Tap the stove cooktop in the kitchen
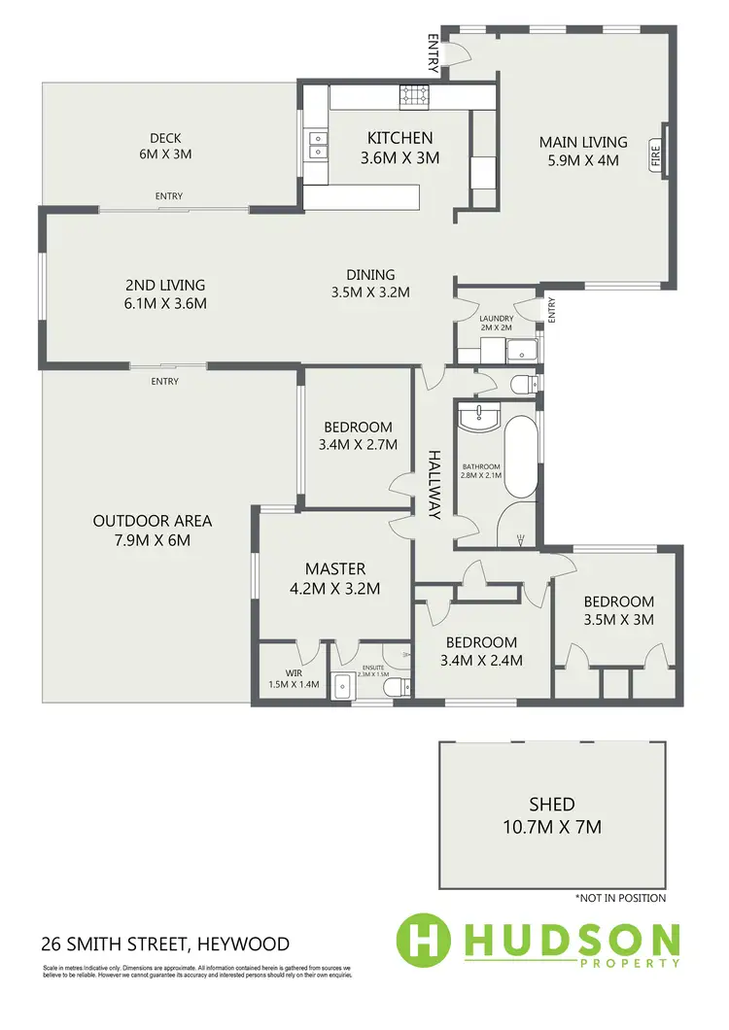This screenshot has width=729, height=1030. [412, 96]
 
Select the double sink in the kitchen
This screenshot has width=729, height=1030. [317, 144]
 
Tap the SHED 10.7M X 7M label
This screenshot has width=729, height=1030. [551, 815]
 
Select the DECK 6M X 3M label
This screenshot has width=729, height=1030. [165, 146]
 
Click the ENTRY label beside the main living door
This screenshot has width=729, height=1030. [434, 53]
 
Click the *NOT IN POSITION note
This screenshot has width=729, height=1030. [619, 898]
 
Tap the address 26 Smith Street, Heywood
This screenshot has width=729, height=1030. [164, 944]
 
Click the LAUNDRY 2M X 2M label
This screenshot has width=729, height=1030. [495, 324]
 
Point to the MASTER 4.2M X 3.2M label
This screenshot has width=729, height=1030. [335, 578]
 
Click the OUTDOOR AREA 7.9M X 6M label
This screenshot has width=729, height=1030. [153, 530]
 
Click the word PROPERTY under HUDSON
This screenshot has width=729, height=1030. [637, 963]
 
